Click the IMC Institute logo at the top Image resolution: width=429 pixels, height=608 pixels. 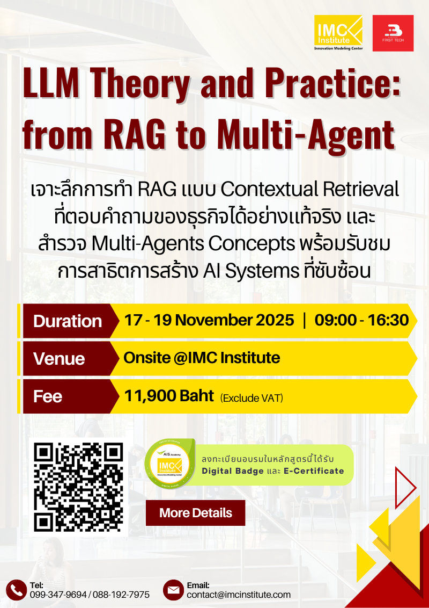coord(338,33)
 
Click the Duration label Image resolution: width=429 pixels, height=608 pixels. coord(67,321)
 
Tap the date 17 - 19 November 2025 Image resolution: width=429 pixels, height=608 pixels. coord(209,321)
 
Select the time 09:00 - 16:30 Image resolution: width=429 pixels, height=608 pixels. coord(361,321)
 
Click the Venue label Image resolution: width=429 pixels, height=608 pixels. coord(59,359)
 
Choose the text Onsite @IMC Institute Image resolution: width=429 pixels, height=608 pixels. coord(202,358)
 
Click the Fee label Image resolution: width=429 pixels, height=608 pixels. coord(48,396)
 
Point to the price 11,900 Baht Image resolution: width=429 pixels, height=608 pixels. coord(169,396)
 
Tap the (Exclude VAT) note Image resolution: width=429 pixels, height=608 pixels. coord(252,398)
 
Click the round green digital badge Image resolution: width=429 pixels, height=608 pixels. coord(169,464)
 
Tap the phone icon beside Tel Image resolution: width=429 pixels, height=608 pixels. coord(16,590)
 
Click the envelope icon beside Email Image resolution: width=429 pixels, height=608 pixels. coord(173,590)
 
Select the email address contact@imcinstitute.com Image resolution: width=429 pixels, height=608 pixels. coord(239,595)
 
